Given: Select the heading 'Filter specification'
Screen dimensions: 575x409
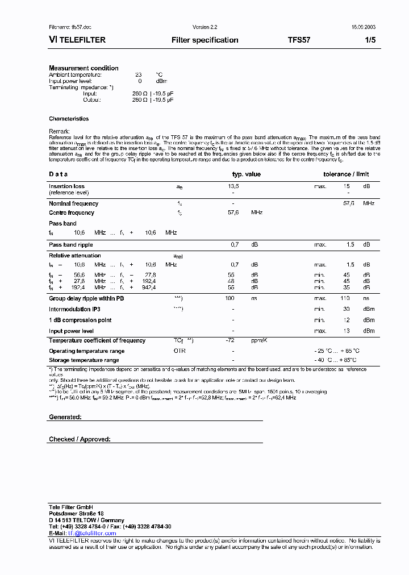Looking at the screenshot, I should click(204, 40).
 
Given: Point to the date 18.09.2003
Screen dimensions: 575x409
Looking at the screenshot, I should click(362, 27).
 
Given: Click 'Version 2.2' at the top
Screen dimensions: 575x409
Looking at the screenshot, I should click(204, 27).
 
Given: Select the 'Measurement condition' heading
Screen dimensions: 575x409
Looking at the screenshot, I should click(84, 68).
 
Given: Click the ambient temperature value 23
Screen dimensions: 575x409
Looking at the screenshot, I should click(138, 74).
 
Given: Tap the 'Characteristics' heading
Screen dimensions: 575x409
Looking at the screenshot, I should click(69, 119).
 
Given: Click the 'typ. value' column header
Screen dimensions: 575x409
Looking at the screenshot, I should click(247, 174).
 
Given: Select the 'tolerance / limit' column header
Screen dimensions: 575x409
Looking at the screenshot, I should click(346, 174).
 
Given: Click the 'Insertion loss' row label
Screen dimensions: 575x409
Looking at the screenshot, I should click(66, 186).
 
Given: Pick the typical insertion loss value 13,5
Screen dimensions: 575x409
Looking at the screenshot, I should click(233, 186).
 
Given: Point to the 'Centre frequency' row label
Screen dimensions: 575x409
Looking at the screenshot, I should click(72, 213).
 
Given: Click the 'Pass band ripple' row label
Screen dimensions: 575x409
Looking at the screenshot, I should click(70, 244).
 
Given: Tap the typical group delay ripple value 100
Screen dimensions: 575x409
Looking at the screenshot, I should click(229, 298).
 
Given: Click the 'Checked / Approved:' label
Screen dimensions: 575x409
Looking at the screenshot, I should click(80, 439).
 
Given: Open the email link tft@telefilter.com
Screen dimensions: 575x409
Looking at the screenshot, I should click(92, 534).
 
